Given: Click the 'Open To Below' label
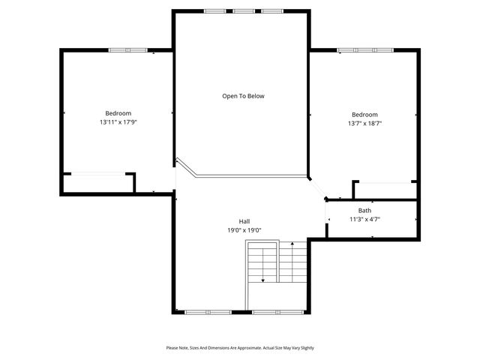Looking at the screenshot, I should point(243,96).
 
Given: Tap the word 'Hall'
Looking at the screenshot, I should point(244,221).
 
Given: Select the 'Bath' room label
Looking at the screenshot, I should point(364,211).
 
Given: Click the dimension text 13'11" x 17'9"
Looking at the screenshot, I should point(118,122).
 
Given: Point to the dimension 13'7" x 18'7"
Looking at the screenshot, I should point(364,124).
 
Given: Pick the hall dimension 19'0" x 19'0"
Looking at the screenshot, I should point(244,230).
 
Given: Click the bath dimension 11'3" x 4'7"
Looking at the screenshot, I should point(364,220).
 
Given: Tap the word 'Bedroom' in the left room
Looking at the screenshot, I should point(118,113).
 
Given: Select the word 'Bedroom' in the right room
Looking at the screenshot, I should point(364,115).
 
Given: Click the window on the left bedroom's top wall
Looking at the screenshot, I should point(127,50).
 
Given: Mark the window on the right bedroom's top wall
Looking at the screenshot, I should point(365,50).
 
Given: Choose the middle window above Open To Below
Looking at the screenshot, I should point(243,11).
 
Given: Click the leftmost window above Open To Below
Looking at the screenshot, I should point(214,11).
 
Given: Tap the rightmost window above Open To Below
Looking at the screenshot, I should point(271,11).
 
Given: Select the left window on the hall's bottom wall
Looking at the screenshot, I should point(208,311).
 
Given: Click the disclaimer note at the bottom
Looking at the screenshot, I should point(240,348).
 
